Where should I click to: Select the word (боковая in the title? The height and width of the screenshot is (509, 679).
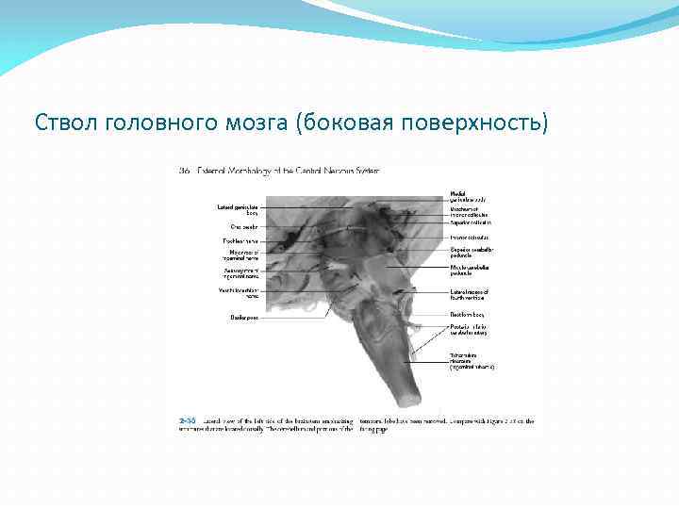343,123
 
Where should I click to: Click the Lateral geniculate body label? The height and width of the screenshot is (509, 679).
238,209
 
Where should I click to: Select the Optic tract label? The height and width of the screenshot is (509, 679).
243,226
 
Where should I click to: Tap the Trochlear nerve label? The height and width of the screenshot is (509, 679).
240,240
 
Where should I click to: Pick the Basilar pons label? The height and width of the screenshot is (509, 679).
244,317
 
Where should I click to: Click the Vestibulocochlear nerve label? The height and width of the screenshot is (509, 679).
240,292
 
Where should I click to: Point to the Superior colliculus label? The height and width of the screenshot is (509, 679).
470,222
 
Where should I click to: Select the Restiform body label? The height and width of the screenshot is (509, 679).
467,314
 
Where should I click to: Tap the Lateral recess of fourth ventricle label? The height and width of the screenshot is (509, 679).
469,294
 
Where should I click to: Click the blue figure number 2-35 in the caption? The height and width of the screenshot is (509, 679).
188,421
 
